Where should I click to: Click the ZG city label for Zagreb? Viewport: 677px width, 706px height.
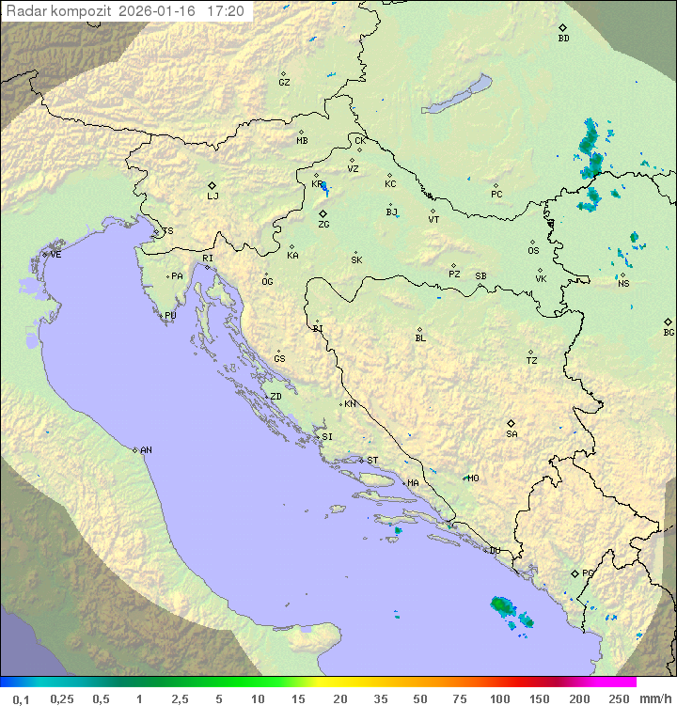(x=323, y=225)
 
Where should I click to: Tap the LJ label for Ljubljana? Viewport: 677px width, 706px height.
(x=213, y=196)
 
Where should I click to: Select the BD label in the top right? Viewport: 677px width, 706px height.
(x=563, y=39)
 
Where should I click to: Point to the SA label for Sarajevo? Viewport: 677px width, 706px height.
(x=512, y=434)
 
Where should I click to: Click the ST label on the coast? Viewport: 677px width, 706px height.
(x=372, y=461)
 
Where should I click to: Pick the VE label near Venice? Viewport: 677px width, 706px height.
(x=55, y=255)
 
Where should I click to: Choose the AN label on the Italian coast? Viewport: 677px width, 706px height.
(x=146, y=450)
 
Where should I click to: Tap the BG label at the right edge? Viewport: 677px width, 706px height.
(x=669, y=333)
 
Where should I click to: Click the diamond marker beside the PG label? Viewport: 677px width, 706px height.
(x=575, y=573)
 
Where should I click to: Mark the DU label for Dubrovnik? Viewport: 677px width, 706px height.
(x=494, y=551)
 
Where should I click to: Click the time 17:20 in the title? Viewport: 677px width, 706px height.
(x=226, y=11)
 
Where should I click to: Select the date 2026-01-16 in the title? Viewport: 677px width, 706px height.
(x=161, y=11)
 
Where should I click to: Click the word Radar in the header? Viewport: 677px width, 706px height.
(x=24, y=11)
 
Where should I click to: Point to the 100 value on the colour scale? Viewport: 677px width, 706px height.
(x=499, y=698)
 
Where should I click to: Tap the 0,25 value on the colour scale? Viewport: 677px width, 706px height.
(x=61, y=698)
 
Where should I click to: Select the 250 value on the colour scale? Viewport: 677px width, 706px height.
(x=619, y=698)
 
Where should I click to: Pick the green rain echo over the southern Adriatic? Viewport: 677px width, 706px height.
(x=502, y=604)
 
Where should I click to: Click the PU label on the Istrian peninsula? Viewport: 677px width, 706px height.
(x=170, y=316)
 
